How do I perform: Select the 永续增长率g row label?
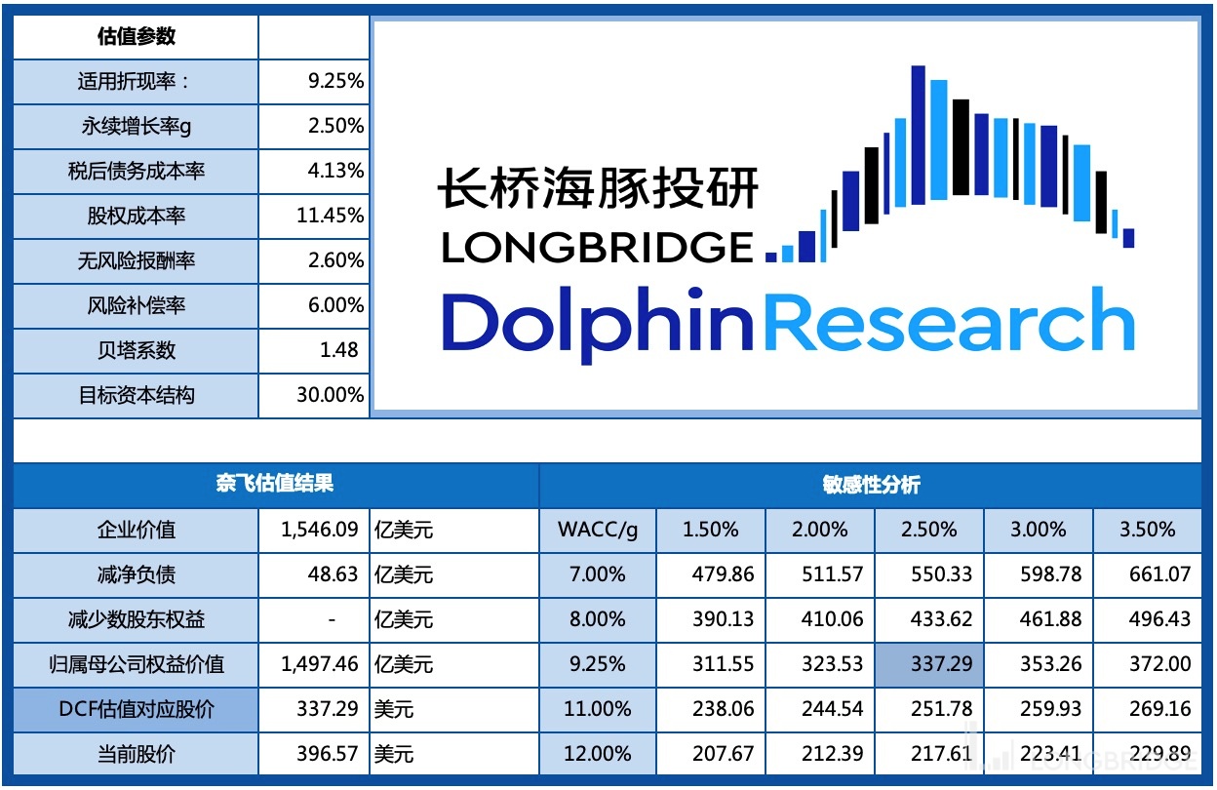(x=136, y=126)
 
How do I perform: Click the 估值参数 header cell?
(x=136, y=37)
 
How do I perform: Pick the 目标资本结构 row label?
(x=136, y=395)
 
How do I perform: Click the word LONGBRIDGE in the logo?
(x=598, y=248)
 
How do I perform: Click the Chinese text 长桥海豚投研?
(x=598, y=187)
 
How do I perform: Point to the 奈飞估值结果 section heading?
(x=275, y=485)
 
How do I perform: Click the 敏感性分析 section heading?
(x=870, y=485)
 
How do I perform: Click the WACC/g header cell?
(x=598, y=530)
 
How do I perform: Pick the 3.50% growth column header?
(x=1147, y=530)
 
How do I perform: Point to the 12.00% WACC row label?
(x=597, y=754)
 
